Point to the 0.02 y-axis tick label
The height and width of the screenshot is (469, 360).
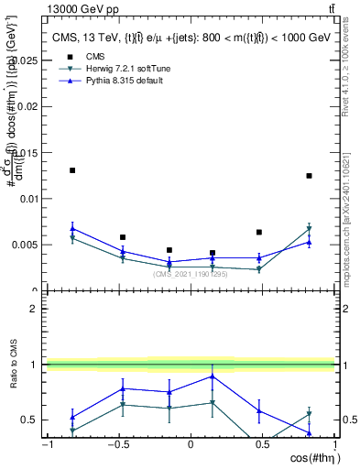28,106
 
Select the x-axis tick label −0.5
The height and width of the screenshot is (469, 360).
117,444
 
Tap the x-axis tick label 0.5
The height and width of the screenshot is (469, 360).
262,444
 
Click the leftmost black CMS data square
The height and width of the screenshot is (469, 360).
72,170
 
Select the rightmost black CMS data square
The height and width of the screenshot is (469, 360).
310,176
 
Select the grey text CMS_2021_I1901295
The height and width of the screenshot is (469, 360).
191,274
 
